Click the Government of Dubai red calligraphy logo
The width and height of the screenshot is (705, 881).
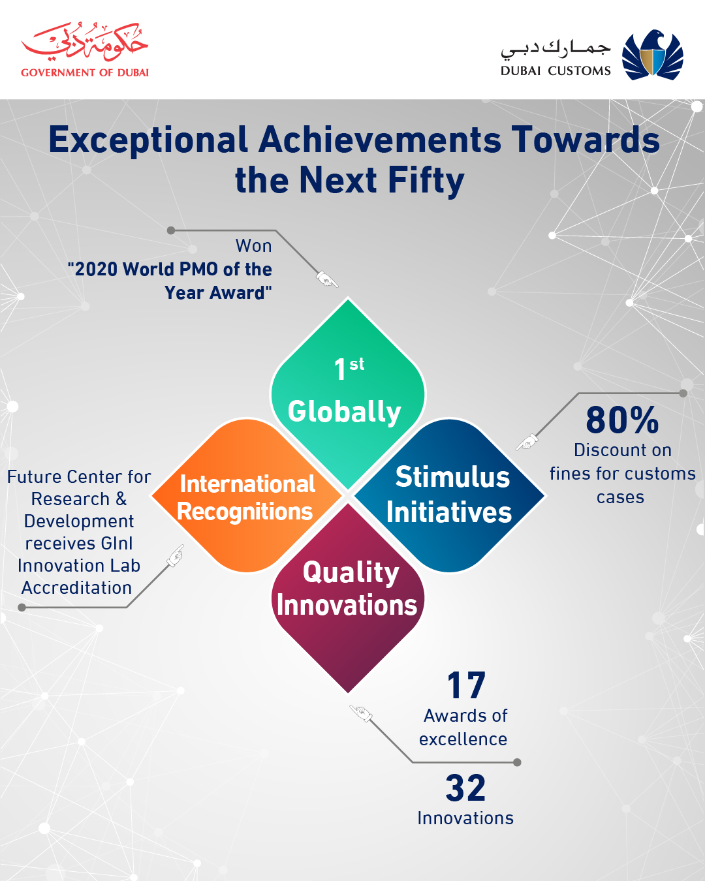tap(84, 42)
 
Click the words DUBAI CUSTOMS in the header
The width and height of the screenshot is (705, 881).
tap(556, 71)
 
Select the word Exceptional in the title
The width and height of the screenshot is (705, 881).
tap(148, 141)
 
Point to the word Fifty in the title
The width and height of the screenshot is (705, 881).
tap(426, 180)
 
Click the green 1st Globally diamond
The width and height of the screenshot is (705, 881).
tap(348, 394)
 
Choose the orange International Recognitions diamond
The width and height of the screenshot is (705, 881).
tap(247, 495)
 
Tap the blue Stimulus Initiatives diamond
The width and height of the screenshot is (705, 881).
tap(449, 495)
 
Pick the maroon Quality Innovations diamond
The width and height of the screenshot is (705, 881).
tap(348, 598)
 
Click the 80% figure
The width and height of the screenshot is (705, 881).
tap(622, 420)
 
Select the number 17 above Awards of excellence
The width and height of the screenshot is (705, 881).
tap(466, 685)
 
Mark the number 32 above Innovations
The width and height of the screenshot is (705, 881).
tap(465, 788)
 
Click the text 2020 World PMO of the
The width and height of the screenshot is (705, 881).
tap(170, 270)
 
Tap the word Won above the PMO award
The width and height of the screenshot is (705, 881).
tap(253, 246)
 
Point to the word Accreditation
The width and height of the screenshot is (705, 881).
tap(76, 588)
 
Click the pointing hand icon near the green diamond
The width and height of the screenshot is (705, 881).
tap(327, 279)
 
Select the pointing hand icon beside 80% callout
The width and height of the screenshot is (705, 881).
tap(527, 442)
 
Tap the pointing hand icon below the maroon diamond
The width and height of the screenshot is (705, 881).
tap(361, 713)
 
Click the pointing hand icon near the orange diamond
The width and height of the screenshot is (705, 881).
tap(176, 555)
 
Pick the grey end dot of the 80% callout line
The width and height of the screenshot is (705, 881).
tap(683, 394)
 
